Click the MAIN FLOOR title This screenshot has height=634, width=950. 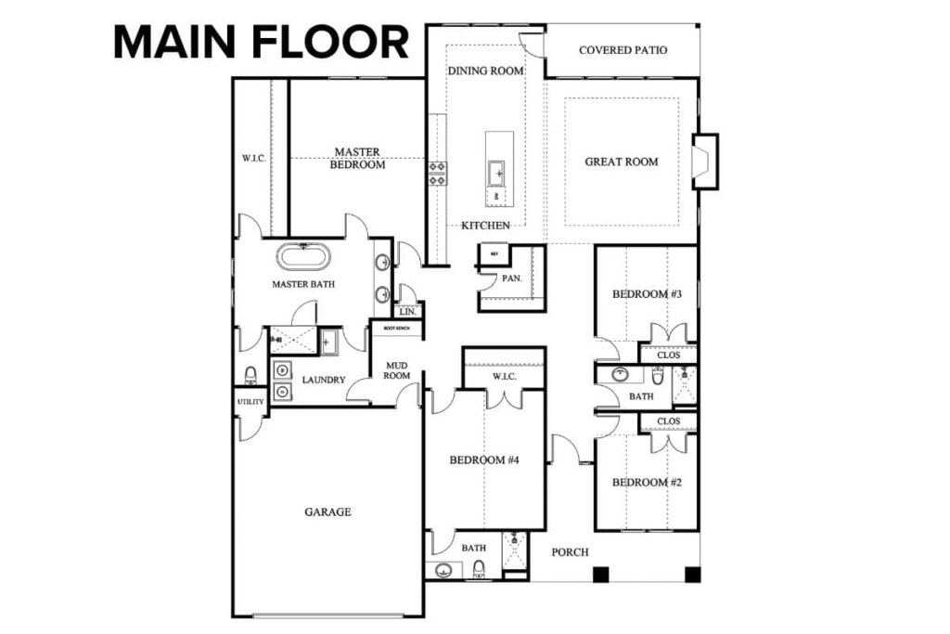tap(261, 43)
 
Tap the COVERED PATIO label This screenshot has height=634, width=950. tap(623, 50)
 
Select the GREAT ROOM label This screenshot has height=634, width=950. tap(621, 162)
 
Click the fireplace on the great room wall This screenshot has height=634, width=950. tap(705, 162)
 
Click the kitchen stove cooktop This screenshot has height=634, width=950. tap(437, 174)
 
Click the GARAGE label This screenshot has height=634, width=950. tap(327, 511)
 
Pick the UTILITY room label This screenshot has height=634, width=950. tap(250, 402)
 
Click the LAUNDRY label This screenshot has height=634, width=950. tap(323, 380)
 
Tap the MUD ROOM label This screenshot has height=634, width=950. tap(397, 371)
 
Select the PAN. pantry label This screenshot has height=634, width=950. tap(511, 278)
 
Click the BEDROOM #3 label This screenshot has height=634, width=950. tap(647, 294)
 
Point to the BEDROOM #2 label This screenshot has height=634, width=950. tap(647, 483)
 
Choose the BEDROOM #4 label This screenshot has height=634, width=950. tap(483, 460)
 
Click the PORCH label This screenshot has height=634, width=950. tap(570, 552)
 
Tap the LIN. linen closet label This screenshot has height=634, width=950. tap(408, 312)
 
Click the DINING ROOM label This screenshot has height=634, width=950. tap(485, 71)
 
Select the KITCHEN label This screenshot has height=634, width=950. tap(485, 226)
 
